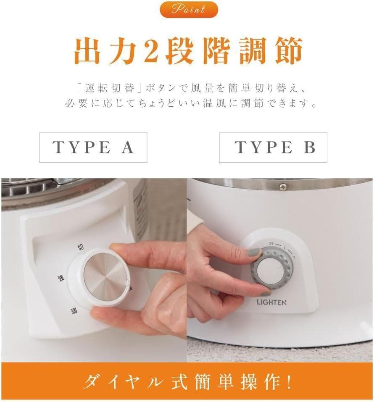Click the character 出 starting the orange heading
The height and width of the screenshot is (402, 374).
pos(86,52)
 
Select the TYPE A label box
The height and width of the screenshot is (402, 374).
pos(93,147)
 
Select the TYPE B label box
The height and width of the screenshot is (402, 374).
pos(273,147)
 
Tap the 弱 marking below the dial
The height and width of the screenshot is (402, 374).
pos(74,311)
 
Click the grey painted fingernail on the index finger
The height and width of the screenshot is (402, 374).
pos(254,253)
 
